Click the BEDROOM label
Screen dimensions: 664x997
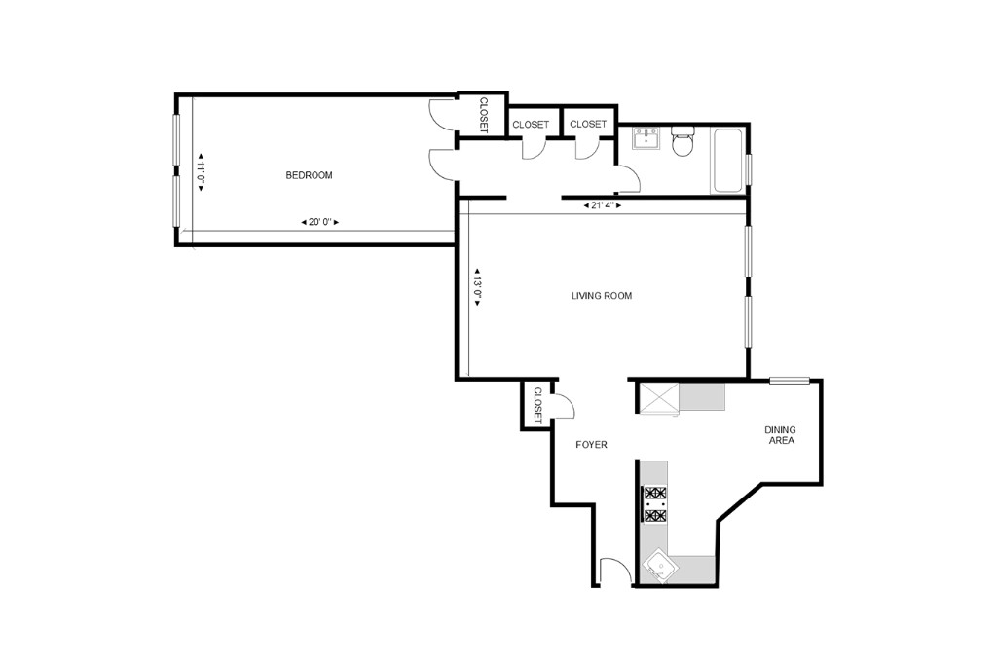tap(309, 175)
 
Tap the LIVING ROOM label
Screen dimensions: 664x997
tap(601, 296)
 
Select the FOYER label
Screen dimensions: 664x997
tap(591, 445)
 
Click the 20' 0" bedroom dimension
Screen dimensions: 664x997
tap(320, 223)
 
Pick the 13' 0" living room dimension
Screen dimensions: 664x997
tap(478, 287)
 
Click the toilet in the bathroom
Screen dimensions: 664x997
tap(683, 143)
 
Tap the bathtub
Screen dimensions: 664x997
tap(728, 159)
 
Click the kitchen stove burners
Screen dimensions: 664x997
tap(654, 504)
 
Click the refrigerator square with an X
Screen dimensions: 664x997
tap(657, 397)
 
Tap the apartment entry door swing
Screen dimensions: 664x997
tap(615, 572)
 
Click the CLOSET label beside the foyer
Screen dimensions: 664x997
tap(536, 404)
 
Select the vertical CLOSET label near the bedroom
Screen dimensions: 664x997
tap(483, 115)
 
